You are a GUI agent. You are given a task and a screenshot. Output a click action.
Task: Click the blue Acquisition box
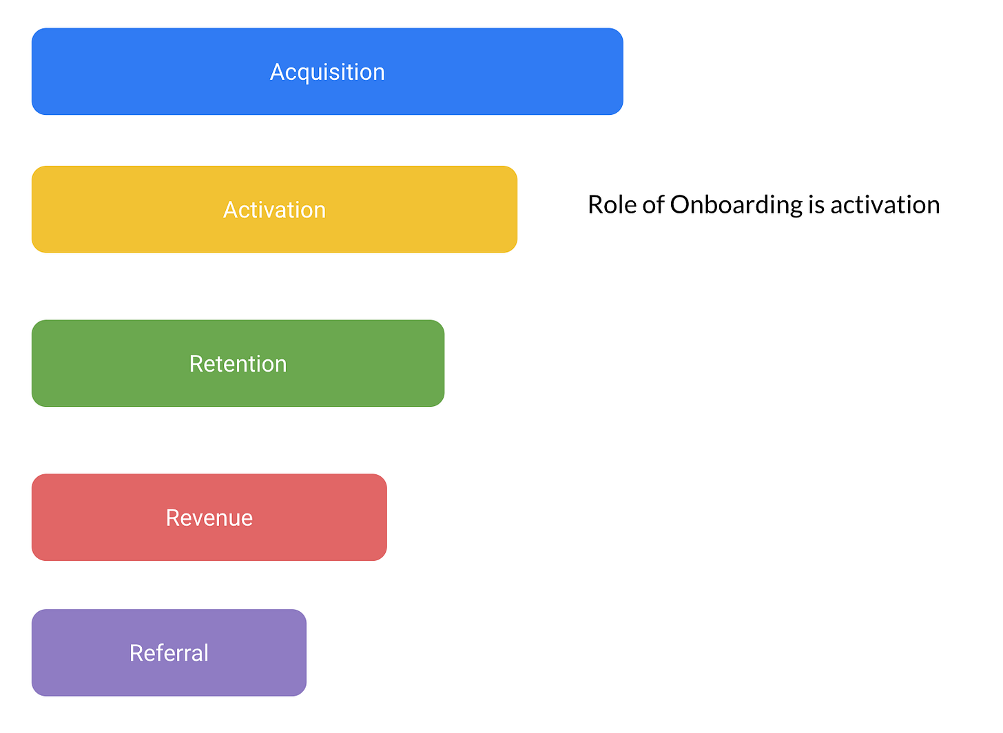327,72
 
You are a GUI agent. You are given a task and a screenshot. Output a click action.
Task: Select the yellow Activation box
274,209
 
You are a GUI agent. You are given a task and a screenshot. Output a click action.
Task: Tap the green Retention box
238,363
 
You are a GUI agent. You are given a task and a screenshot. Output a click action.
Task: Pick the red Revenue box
209,518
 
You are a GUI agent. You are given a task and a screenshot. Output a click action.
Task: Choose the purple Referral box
169,652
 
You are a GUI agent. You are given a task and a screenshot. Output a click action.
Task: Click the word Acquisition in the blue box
327,72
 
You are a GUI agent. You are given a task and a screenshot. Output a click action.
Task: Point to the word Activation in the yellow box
274,210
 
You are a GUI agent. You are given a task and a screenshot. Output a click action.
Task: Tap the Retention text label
238,364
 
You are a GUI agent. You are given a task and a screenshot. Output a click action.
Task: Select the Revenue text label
209,518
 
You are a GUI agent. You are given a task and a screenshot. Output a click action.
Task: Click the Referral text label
169,653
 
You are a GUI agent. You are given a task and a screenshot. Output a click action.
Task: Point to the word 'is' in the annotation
816,205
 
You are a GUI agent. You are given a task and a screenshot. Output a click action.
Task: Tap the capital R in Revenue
174,518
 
